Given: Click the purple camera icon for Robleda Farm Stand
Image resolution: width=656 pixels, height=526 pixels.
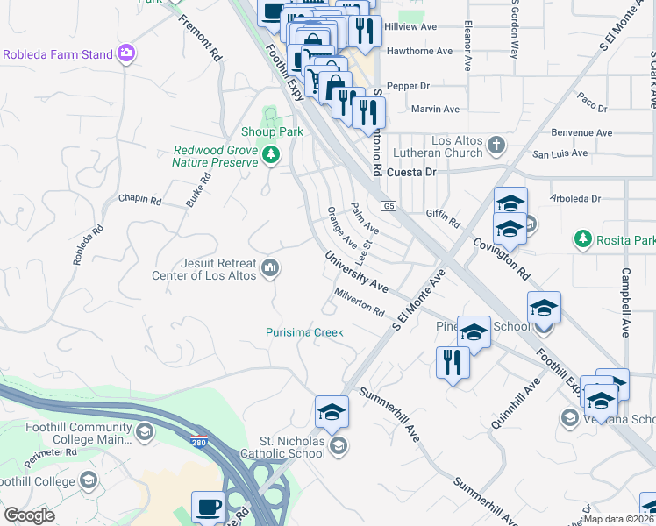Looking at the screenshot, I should coord(127,54).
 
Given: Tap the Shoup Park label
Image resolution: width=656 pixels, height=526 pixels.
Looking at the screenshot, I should coord(272,131).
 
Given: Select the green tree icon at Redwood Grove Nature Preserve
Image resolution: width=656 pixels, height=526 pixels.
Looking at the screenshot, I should coord(271,156).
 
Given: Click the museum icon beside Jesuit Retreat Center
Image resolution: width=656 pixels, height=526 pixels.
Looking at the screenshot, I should coord(270,267).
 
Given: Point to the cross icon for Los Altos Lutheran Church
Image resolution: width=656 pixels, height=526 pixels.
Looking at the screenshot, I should coord(496,144).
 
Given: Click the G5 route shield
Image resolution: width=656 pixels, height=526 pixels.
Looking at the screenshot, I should coord(389,206).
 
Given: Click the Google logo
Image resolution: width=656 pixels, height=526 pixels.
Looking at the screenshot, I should coord(29,515).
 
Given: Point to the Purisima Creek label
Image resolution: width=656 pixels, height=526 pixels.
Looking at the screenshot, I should coord(304,332).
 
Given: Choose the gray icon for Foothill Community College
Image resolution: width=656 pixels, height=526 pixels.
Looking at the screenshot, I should coord(144,431).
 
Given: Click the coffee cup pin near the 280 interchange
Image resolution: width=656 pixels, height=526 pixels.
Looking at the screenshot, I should coord(209,507).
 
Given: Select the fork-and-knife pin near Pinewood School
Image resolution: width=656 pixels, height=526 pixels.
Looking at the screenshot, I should coord(453,361).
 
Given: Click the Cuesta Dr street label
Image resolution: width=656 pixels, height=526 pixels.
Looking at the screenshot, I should coord(411,173).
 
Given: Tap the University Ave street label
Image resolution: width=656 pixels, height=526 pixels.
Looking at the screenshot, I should coord(356,273).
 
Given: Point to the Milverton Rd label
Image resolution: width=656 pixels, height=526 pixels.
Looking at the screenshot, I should coord(359,302).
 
